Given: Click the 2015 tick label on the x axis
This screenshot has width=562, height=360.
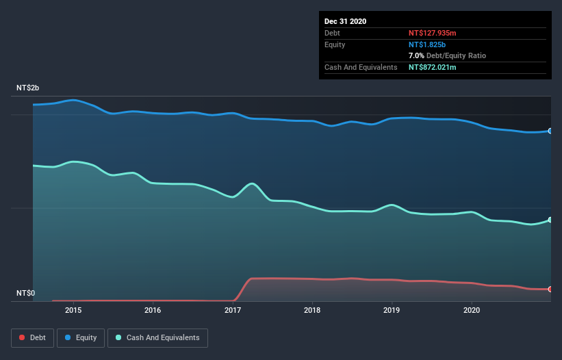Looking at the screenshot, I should pos(73,310).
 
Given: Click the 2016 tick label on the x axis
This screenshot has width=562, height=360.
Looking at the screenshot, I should pos(153,310).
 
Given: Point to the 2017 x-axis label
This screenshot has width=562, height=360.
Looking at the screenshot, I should pos(233,310).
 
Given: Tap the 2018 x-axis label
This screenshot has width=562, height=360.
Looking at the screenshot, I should pos(312,310).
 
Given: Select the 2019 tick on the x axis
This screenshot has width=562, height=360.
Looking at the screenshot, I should pos(392,310).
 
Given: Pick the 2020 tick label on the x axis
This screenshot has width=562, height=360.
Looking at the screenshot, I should pos(472,310).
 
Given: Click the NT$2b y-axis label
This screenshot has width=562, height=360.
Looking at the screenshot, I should pos(28,88).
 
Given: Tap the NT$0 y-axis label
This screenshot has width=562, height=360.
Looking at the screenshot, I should pos(25,294).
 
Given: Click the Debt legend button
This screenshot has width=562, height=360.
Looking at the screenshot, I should pos(33,337).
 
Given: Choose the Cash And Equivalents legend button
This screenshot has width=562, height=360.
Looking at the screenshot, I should pos(157,337).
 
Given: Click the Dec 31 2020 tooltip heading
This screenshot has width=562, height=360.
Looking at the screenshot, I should pos(345,21).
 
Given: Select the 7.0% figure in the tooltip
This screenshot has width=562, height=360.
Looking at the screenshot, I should pos(416,55).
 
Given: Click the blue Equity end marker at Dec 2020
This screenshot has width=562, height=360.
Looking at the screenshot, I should pos(550,131).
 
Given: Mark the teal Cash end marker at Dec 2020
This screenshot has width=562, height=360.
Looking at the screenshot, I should pos(550,220).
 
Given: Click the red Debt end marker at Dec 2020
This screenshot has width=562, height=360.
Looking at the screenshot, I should pos(550,290).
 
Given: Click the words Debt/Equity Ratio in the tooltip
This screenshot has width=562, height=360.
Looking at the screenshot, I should pos(456,55).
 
